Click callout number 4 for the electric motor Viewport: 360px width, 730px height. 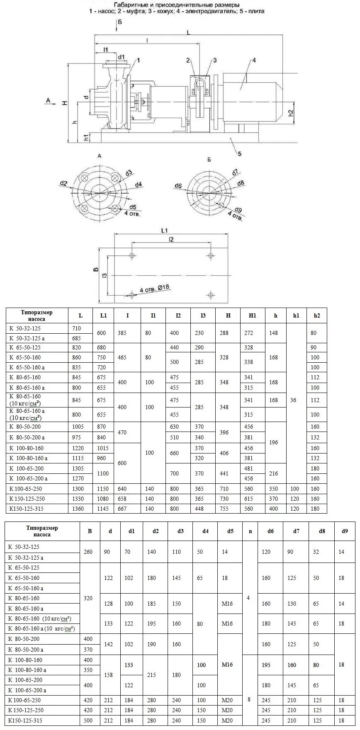pyautogui.click(x=254, y=60)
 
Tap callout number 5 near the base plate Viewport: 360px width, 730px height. pyautogui.click(x=239, y=154)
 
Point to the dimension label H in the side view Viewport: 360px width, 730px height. pyautogui.click(x=65, y=103)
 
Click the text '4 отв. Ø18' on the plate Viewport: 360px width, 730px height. pyautogui.click(x=156, y=289)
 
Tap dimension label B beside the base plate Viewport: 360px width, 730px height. pyautogui.click(x=96, y=270)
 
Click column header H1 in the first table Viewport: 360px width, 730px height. pyautogui.click(x=252, y=315)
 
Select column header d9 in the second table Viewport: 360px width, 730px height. pyautogui.click(x=345, y=531)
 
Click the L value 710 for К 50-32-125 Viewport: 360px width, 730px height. pyautogui.click(x=77, y=328)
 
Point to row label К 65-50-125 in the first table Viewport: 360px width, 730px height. pyautogui.click(x=24, y=347)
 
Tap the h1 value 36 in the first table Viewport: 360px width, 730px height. pyautogui.click(x=293, y=400)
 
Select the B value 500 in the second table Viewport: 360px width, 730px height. pyautogui.click(x=88, y=721)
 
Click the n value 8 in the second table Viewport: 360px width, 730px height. pyautogui.click(x=249, y=699)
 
